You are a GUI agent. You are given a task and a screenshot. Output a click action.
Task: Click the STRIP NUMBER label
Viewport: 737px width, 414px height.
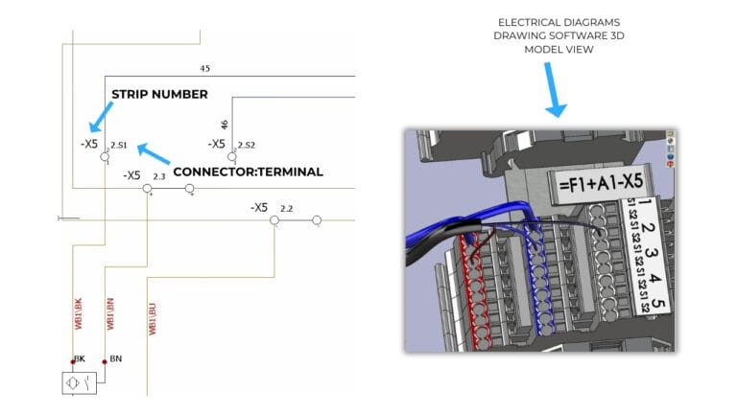coord(159,94)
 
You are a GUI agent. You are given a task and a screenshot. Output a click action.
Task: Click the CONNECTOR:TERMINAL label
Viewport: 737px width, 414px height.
coord(248,172)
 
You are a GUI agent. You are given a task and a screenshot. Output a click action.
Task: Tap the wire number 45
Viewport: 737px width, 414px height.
coord(204,69)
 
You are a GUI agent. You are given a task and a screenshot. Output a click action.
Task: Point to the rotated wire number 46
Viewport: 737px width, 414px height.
coord(225,125)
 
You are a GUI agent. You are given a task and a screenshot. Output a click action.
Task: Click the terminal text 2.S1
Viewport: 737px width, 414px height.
coord(119,145)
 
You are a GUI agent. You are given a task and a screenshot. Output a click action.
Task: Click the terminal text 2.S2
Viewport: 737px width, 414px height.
coord(247,145)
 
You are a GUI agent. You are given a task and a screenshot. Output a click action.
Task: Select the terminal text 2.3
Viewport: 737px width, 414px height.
coord(159,176)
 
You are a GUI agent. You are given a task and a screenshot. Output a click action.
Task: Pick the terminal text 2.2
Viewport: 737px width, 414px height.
coord(287,208)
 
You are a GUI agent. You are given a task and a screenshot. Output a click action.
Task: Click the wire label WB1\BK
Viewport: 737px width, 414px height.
coord(79,313)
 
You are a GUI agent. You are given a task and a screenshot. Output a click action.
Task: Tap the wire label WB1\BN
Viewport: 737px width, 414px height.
coord(110,313)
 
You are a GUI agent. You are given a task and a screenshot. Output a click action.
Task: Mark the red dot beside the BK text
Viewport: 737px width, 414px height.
coord(72,361)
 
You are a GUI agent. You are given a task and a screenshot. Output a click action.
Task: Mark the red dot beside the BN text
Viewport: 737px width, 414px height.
coord(105,361)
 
